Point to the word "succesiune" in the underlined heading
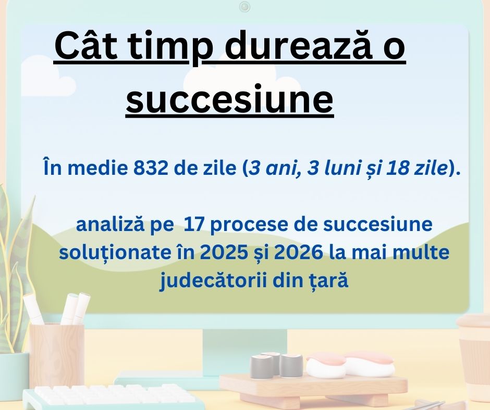click(x=230, y=100)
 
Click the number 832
click(x=151, y=168)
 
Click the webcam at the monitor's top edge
click(x=244, y=6)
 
